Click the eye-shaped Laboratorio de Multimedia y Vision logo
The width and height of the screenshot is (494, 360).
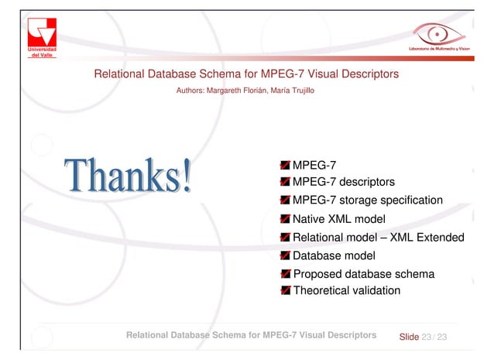click(x=437, y=35)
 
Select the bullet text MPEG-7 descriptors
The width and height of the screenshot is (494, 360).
click(x=344, y=182)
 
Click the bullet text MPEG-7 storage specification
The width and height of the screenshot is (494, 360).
click(x=368, y=201)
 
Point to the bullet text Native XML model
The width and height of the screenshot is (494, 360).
click(x=338, y=219)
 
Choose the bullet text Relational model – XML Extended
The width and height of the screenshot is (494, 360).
click(x=378, y=237)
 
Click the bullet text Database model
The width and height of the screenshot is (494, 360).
click(x=334, y=255)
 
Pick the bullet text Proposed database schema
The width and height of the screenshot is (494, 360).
click(x=363, y=274)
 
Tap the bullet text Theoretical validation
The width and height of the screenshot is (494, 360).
click(x=346, y=291)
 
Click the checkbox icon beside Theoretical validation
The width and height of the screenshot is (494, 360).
click(x=286, y=291)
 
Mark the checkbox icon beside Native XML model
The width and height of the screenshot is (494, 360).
click(x=286, y=219)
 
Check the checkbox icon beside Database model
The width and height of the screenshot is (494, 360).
click(x=286, y=255)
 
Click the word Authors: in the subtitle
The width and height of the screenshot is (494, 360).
click(x=191, y=91)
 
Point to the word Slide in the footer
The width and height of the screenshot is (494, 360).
click(x=409, y=337)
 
